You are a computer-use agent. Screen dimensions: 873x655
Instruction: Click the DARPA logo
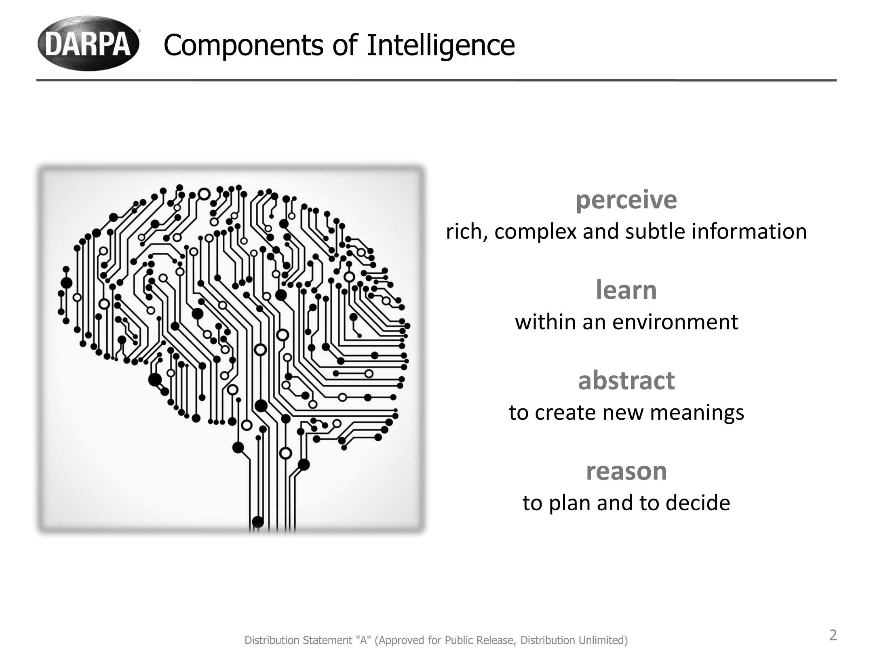point(89,43)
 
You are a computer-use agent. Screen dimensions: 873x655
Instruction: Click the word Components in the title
point(244,45)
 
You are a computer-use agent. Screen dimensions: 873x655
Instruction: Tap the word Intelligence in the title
point(441,45)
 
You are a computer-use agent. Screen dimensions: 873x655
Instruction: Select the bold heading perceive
point(626,201)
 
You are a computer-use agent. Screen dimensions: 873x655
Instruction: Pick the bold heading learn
point(626,290)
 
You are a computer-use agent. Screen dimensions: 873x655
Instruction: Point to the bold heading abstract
point(626,380)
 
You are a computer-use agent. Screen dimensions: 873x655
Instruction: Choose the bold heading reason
point(626,471)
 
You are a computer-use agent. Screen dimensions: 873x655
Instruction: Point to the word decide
point(698,503)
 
